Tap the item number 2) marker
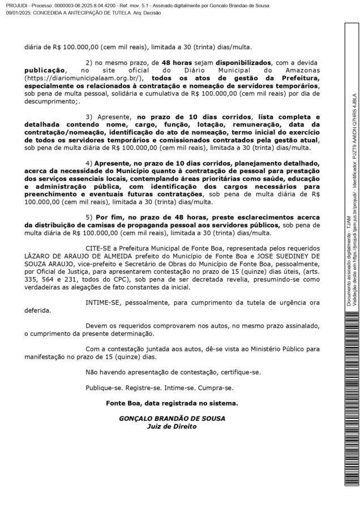tap(89, 62)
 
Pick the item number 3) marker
tap(89, 117)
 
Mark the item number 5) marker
tap(89, 217)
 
